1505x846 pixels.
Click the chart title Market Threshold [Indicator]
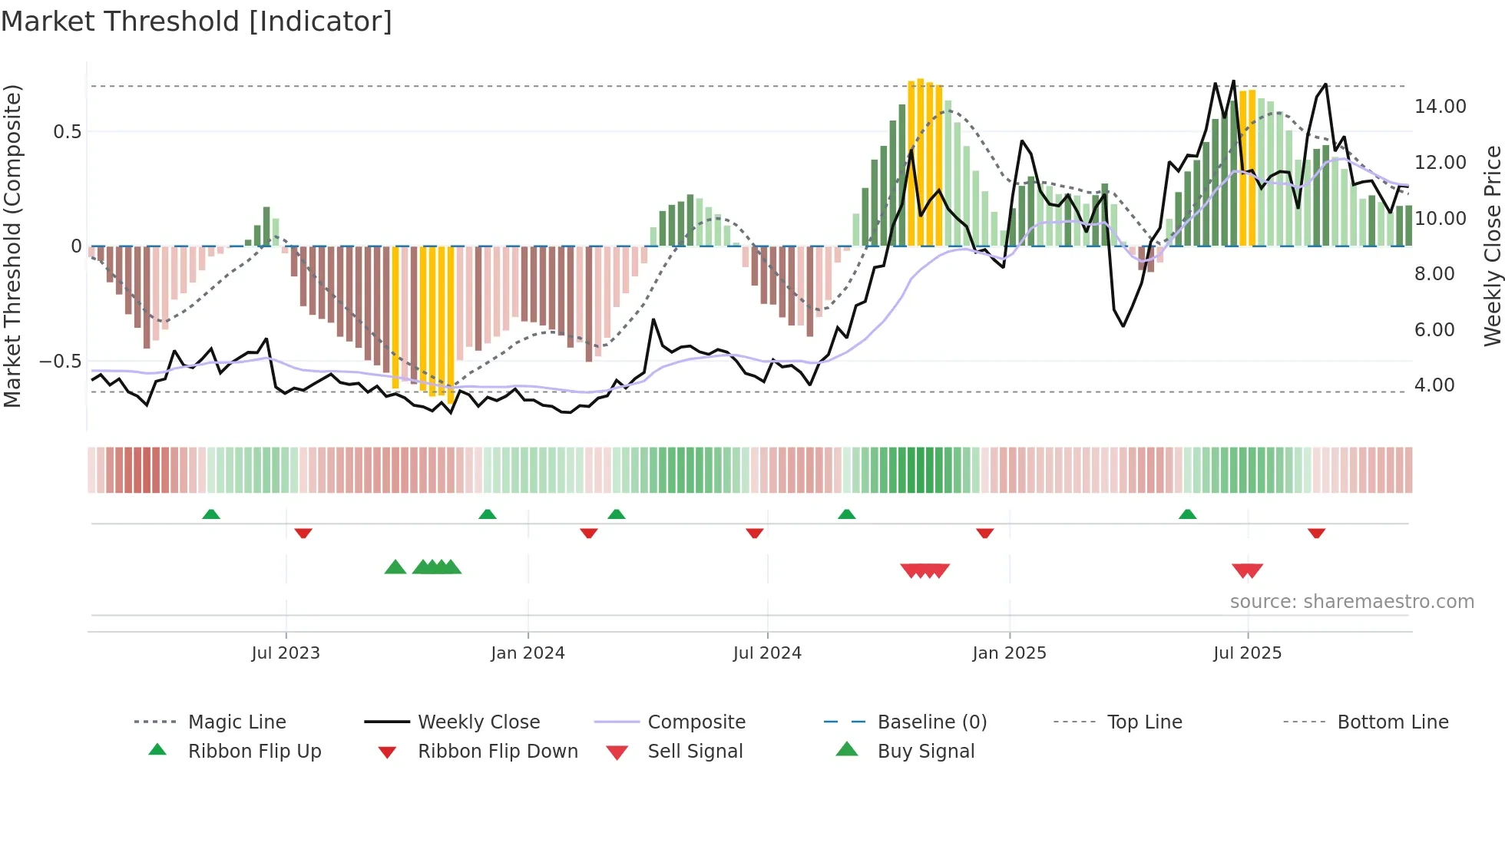197,21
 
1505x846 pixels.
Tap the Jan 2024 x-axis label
528,653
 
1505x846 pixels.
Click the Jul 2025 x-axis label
1247,653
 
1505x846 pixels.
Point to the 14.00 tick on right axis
1440,107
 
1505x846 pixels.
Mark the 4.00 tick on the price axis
1434,385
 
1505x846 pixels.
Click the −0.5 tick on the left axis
60,362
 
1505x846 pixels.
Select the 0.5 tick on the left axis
67,132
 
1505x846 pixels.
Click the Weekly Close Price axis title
1492,246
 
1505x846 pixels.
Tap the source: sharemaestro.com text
1351,602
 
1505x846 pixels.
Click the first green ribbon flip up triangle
211,514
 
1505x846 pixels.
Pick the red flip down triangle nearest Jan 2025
984,533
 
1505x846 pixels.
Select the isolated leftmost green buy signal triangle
395,567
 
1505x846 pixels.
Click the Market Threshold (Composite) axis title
12,246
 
